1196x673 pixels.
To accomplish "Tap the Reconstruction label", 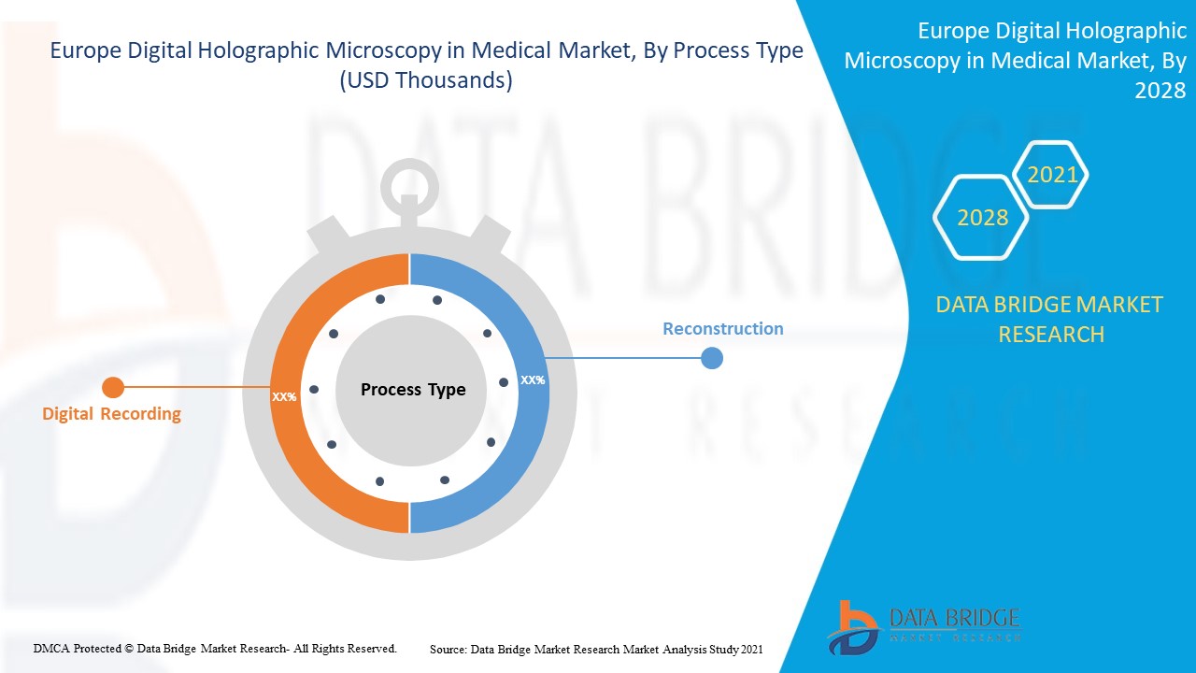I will click(x=722, y=329).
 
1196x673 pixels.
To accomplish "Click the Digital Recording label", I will click(x=111, y=414).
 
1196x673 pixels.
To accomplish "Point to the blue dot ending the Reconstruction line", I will click(x=712, y=357).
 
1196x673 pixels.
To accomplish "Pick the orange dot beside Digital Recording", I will click(x=113, y=387).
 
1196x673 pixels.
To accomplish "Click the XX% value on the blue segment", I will click(x=533, y=380).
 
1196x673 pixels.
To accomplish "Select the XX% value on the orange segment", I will click(x=284, y=396).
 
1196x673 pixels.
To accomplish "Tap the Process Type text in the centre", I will click(x=413, y=390).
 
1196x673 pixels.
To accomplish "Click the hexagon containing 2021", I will click(x=1052, y=175).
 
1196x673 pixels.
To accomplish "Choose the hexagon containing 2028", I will click(x=982, y=218).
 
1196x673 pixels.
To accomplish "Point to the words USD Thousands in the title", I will click(x=426, y=80).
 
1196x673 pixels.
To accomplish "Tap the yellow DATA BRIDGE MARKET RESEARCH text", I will click(x=1049, y=319).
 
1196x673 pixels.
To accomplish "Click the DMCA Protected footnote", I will click(x=216, y=648).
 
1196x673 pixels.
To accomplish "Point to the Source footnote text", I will click(x=596, y=648).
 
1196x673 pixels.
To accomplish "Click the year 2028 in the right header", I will click(x=1160, y=91).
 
